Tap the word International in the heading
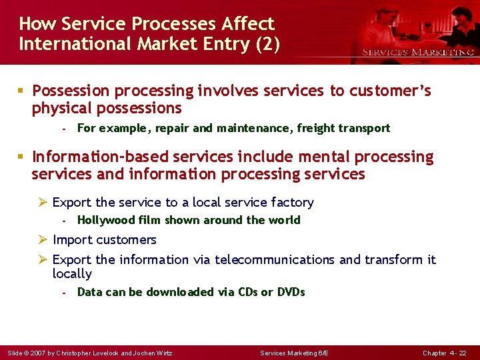(73, 44)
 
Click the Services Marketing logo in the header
(417, 51)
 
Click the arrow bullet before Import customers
(44, 239)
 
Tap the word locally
(72, 274)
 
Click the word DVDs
(290, 292)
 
